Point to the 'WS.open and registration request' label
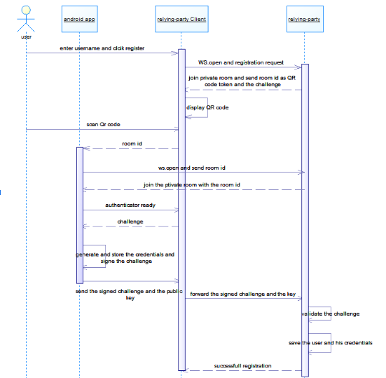(x=241, y=62)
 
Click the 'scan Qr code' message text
(x=103, y=124)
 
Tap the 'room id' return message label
(x=132, y=144)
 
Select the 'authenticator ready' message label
(x=130, y=205)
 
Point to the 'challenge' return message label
(x=130, y=222)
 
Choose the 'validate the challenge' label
(x=331, y=313)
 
